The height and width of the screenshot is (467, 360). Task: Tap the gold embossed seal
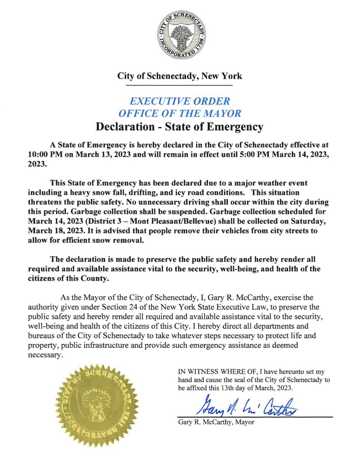click(97, 401)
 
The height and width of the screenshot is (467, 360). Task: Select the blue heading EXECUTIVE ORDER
click(180, 101)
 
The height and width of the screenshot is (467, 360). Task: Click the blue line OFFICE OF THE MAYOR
click(180, 114)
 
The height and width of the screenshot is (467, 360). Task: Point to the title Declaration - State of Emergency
click(180, 127)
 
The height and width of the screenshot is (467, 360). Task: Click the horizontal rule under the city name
click(180, 85)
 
